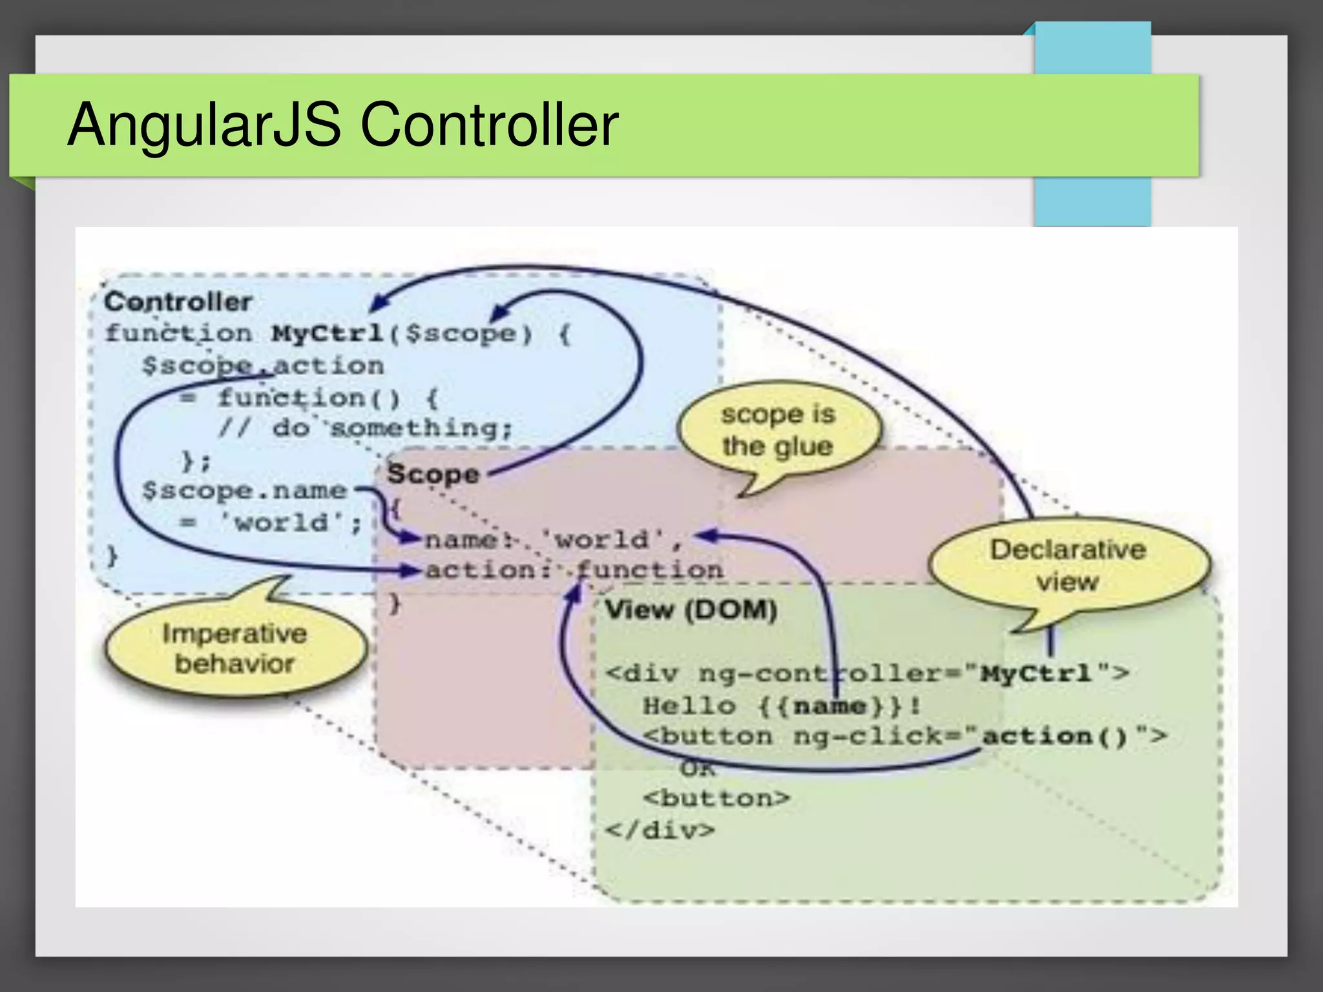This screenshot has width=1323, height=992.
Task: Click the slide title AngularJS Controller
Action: tap(343, 124)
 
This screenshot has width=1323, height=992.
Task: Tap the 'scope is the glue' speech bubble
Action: tap(778, 430)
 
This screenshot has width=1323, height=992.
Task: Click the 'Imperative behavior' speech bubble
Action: tap(235, 648)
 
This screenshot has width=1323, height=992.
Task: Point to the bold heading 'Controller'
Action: tap(178, 302)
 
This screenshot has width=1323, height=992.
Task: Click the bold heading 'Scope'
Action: tap(433, 474)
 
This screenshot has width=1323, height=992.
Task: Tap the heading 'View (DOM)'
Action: tap(691, 610)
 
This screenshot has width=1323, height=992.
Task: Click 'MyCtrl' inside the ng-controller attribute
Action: tap(1036, 674)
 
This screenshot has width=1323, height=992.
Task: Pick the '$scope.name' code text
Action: tap(244, 491)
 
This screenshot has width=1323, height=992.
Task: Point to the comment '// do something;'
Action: tap(366, 428)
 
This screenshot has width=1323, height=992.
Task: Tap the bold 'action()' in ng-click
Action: tap(1054, 736)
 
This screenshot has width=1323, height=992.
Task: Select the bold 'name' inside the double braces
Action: tap(829, 705)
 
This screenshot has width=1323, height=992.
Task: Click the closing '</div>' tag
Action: tap(660, 829)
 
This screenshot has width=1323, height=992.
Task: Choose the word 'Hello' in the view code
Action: tap(689, 705)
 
